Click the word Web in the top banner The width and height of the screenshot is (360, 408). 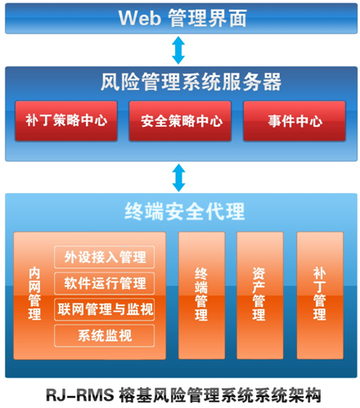click(140, 18)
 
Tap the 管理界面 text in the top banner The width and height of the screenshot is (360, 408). click(207, 18)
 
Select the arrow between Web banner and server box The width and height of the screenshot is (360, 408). click(178, 51)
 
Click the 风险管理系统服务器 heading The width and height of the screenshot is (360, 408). click(191, 82)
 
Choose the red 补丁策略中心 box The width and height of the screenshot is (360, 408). click(66, 121)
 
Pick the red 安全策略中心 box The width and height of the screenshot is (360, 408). click(180, 121)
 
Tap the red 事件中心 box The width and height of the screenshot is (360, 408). click(295, 121)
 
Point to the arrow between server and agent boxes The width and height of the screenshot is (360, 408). click(179, 177)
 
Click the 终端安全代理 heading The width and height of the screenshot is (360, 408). click(185, 211)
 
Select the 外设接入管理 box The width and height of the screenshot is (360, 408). click(105, 257)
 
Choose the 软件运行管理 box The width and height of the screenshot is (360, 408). click(105, 283)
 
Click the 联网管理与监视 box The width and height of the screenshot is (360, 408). click(105, 309)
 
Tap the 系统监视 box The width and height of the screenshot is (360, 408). click(105, 335)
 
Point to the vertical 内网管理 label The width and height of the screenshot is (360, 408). click(34, 294)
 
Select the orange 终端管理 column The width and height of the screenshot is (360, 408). click(201, 295)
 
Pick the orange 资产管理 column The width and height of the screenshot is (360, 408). click(260, 295)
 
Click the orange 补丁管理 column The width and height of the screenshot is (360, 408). click(320, 295)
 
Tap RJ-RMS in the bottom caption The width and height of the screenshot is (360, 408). click(80, 395)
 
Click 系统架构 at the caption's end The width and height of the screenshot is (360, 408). click(287, 395)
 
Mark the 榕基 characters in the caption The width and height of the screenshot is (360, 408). click(135, 395)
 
